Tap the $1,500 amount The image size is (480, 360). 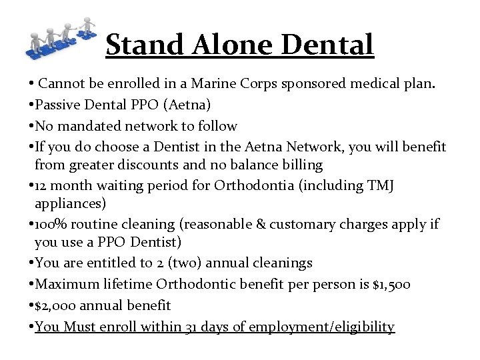[x=392, y=285]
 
